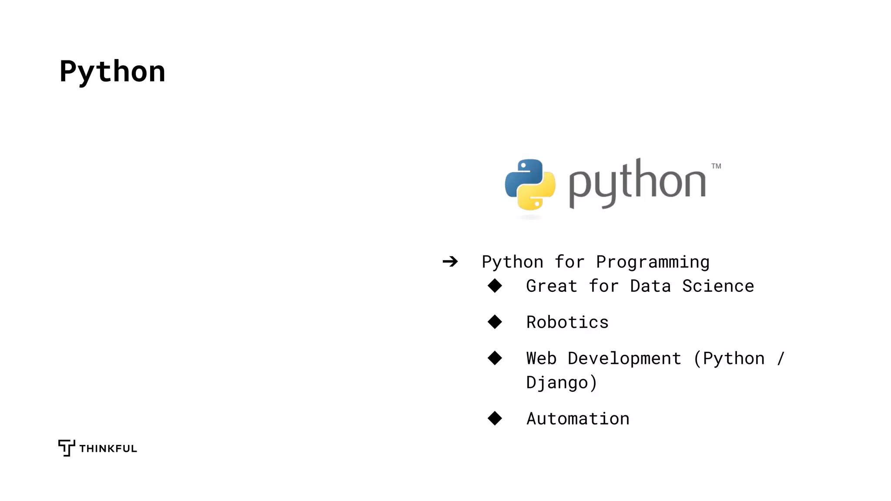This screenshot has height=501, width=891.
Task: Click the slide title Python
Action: (x=112, y=72)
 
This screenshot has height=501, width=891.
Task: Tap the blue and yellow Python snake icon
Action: (x=530, y=184)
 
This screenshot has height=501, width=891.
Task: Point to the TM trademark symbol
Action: (x=716, y=166)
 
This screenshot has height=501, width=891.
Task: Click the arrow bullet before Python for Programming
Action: (x=450, y=261)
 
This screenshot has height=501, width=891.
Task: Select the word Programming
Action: (x=653, y=262)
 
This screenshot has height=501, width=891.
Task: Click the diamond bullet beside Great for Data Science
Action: (x=495, y=286)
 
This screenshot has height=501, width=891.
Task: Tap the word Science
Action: (x=718, y=286)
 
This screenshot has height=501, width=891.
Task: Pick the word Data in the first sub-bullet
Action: (x=650, y=286)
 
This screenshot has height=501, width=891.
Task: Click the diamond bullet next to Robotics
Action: (x=495, y=322)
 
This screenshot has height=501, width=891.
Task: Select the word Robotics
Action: (x=567, y=322)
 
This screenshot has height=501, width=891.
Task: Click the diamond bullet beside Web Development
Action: (x=495, y=358)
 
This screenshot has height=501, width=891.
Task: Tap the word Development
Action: (x=624, y=358)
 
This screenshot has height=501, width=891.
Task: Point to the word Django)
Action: (x=561, y=383)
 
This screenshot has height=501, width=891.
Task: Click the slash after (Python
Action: (x=780, y=358)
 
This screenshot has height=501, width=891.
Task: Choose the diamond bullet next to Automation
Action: (x=495, y=418)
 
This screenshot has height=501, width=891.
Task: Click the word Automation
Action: (x=578, y=419)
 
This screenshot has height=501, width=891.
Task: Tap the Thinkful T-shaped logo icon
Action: (x=67, y=448)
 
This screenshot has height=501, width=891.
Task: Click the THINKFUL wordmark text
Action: (x=108, y=449)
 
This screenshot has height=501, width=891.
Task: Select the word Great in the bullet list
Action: (x=552, y=286)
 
